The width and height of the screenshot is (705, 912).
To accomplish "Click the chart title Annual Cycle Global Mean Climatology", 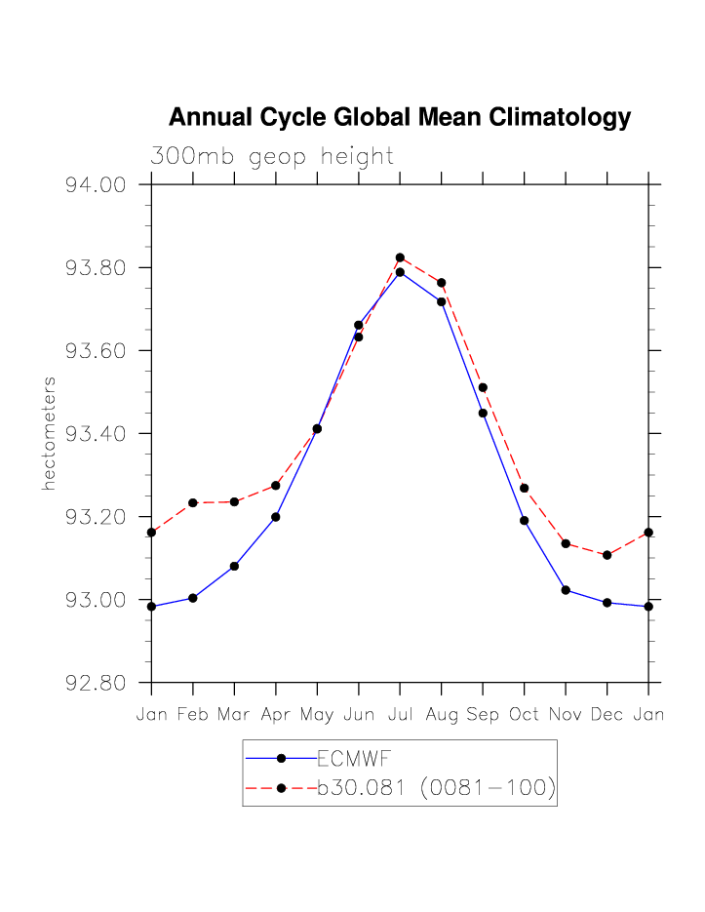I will (400, 118).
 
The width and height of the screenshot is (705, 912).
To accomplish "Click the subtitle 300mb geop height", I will (272, 156).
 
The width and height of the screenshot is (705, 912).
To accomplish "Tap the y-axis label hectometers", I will (49, 433).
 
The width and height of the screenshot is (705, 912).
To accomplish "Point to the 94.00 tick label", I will (96, 185).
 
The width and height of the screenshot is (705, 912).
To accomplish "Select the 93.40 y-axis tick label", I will (96, 434).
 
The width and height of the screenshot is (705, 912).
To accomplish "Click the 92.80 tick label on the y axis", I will (96, 683).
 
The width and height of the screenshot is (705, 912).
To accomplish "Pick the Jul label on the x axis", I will (400, 715).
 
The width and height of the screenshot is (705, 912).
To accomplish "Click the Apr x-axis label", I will (276, 715).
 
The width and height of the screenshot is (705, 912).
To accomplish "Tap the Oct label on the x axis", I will (524, 715).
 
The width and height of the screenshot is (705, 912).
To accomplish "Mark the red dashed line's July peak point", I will (400, 258).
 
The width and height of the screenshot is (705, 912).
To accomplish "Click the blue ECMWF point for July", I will (400, 272).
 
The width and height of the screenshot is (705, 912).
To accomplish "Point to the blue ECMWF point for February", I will (193, 598).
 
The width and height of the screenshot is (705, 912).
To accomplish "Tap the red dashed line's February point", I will (193, 502).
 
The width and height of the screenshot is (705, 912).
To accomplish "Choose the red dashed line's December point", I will (607, 555).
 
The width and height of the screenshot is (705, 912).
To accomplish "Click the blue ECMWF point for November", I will (566, 590).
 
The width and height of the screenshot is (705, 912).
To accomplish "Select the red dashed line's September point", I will (483, 387).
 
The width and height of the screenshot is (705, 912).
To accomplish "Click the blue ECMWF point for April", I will (276, 517).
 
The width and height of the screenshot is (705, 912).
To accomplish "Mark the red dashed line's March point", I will (234, 501).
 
